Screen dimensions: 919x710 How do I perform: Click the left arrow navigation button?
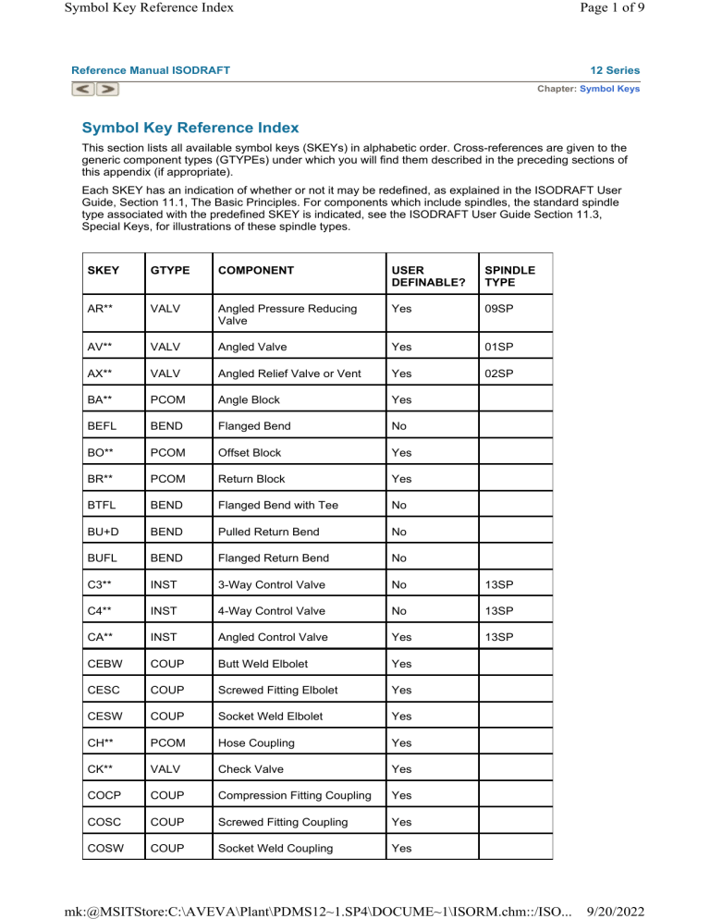(85, 90)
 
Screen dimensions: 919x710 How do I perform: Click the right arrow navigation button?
(107, 90)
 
